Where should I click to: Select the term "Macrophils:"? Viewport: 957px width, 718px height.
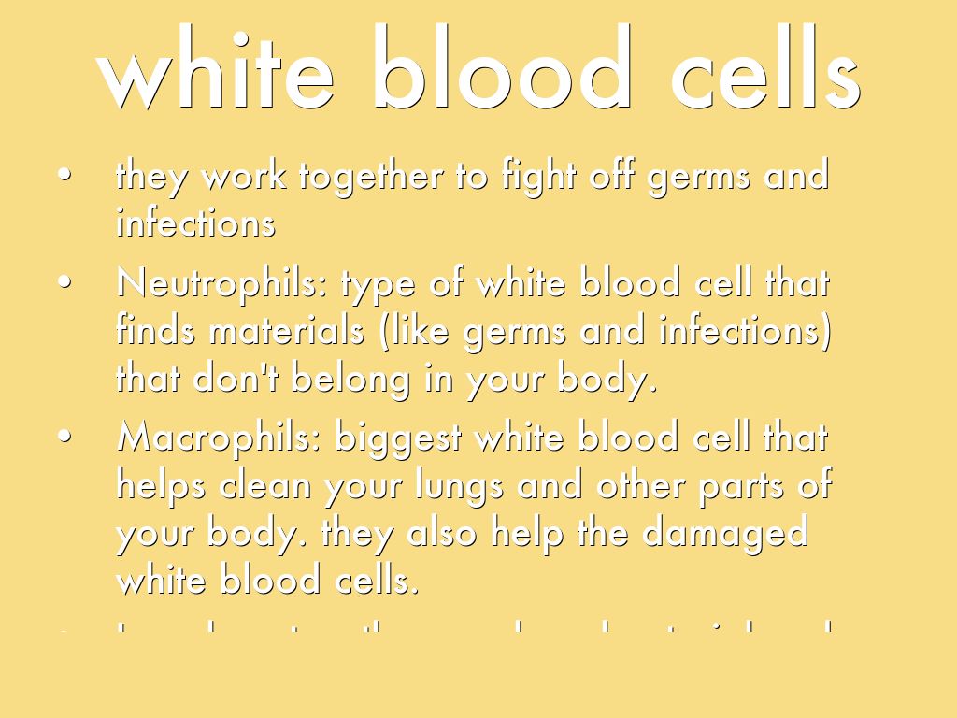(220, 438)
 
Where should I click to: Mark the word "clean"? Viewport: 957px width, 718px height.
(266, 485)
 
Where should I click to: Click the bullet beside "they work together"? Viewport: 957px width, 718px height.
(64, 177)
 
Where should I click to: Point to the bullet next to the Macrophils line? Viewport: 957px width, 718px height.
(64, 438)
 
